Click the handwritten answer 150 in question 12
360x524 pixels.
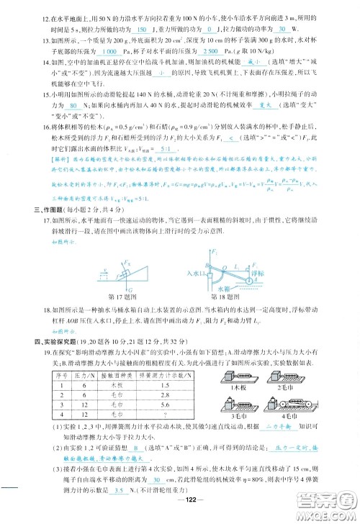[141, 30]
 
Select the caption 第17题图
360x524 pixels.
[122, 296]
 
